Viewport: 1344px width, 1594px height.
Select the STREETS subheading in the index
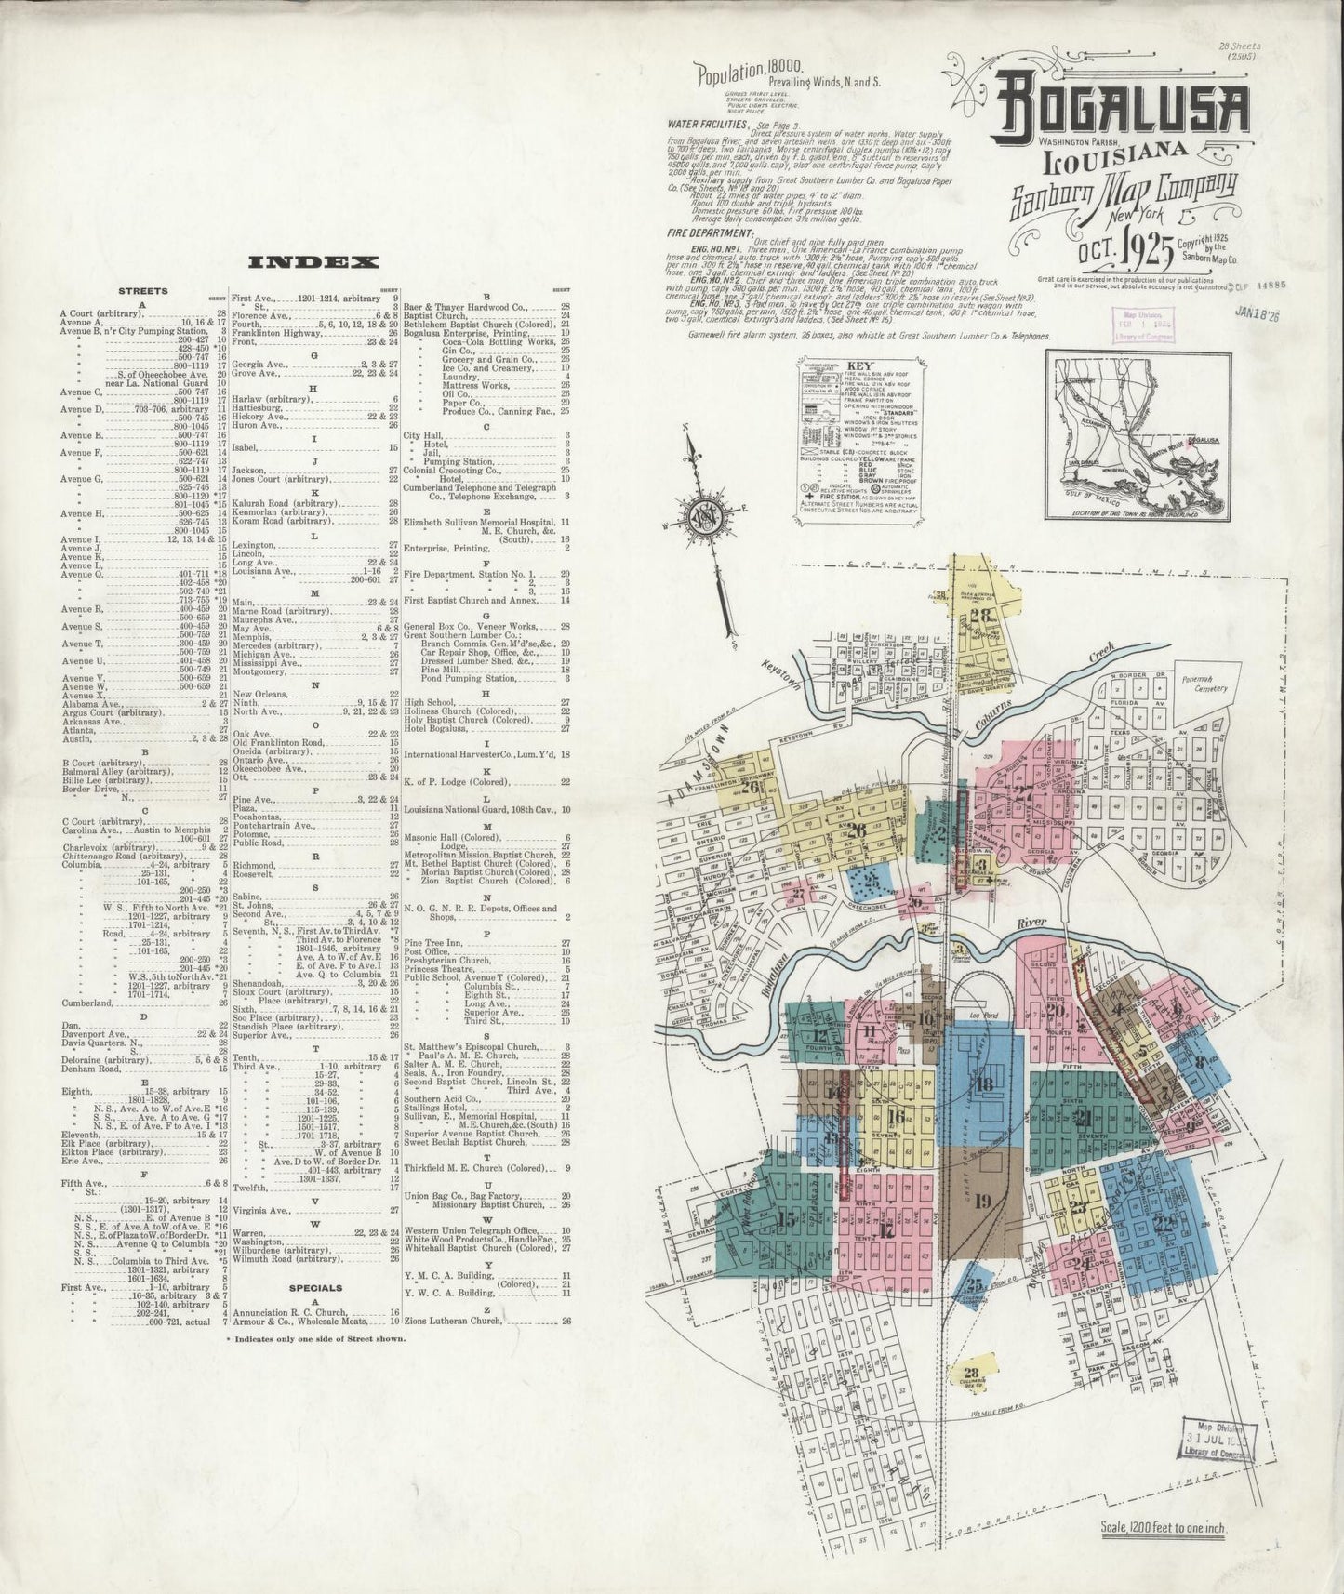click(x=142, y=291)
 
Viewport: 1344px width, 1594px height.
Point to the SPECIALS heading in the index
click(x=315, y=1288)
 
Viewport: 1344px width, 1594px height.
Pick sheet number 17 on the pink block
click(x=885, y=1228)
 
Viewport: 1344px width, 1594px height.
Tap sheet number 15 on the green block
click(x=787, y=1219)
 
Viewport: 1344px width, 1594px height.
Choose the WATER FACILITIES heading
click(x=708, y=124)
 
